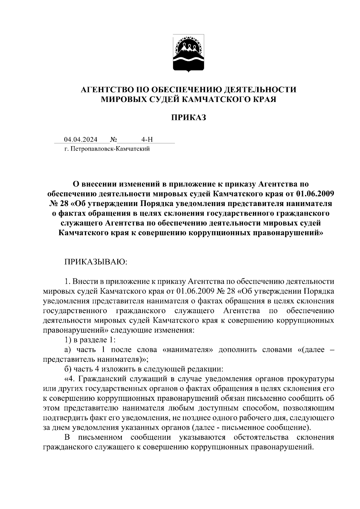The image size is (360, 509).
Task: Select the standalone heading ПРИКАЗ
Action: [x=189, y=118]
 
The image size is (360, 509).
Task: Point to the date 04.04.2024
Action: [x=81, y=140]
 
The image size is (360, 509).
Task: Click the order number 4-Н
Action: [x=147, y=140]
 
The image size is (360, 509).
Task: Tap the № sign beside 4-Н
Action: [x=113, y=140]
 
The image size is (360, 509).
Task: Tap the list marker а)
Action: [x=67, y=350]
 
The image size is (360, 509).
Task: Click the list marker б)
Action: [x=67, y=369]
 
